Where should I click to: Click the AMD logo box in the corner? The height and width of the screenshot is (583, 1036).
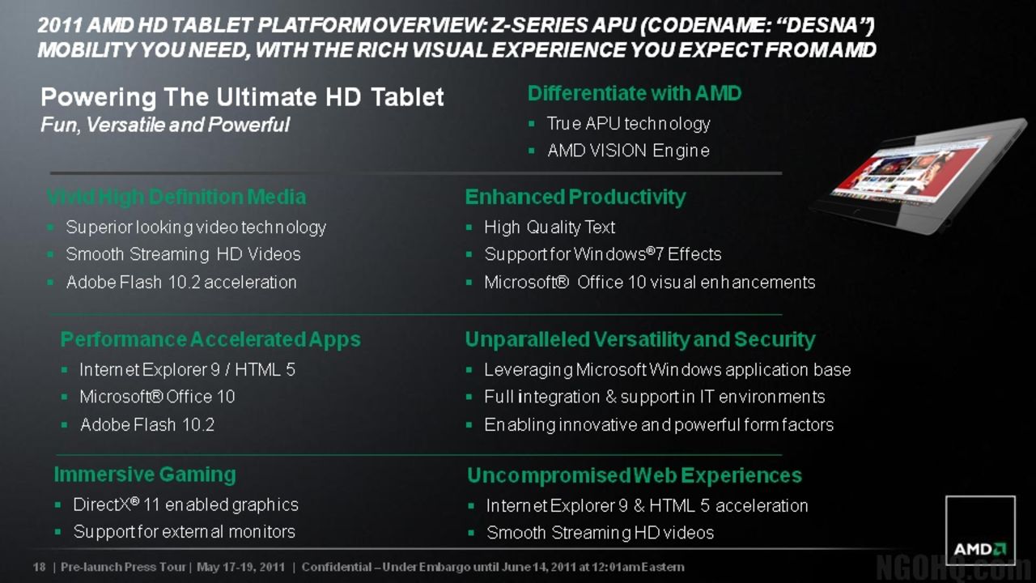pyautogui.click(x=980, y=530)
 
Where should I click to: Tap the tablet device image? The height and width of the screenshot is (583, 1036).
pyautogui.click(x=919, y=175)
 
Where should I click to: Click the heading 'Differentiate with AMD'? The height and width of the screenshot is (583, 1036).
pyautogui.click(x=635, y=94)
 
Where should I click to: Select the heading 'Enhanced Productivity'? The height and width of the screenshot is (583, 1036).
pyautogui.click(x=575, y=197)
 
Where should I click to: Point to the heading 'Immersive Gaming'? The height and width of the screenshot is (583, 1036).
pyautogui.click(x=145, y=474)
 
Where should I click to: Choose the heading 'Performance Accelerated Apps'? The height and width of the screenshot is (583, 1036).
pyautogui.click(x=210, y=339)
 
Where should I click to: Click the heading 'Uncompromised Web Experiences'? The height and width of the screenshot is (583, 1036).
pyautogui.click(x=635, y=475)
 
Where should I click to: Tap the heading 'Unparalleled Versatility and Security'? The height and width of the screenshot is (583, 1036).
pyautogui.click(x=639, y=339)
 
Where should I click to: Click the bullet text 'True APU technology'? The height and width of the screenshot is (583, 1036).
pyautogui.click(x=628, y=124)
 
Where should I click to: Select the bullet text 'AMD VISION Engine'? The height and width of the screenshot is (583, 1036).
pyautogui.click(x=628, y=151)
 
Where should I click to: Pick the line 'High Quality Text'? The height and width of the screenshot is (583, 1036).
pyautogui.click(x=550, y=228)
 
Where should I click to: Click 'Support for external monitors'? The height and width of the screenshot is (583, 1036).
pyautogui.click(x=184, y=532)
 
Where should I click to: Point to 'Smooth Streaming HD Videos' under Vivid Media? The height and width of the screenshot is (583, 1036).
pyautogui.click(x=183, y=254)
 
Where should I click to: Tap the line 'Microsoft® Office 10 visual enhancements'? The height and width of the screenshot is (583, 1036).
pyautogui.click(x=649, y=283)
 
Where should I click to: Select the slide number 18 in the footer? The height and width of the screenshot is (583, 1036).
pyautogui.click(x=39, y=567)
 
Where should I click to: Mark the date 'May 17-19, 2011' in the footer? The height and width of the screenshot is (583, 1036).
pyautogui.click(x=240, y=567)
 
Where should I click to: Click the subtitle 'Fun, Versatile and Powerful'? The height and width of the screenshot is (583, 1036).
pyautogui.click(x=165, y=125)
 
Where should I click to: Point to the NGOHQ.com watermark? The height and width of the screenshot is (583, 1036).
pyautogui.click(x=955, y=566)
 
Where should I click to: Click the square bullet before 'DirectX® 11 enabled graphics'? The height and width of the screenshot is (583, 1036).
pyautogui.click(x=57, y=505)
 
